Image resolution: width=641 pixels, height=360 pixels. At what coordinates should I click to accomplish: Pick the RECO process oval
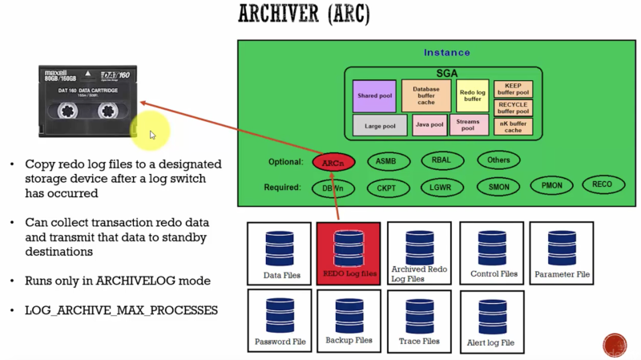pos(602,185)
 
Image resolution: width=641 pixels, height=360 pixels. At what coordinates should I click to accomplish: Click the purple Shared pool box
pos(374,96)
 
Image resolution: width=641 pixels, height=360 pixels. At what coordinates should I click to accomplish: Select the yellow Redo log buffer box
pos(473,96)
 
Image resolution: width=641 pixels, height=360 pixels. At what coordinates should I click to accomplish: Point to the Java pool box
pos(430,124)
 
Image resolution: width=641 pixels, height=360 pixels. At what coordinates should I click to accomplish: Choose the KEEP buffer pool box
pos(513,89)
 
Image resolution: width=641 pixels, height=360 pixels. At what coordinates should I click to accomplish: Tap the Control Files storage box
pos(492,252)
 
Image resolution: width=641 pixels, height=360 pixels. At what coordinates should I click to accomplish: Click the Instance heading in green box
pos(446,53)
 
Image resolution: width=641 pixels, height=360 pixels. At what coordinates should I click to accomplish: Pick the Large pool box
pos(379,125)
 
